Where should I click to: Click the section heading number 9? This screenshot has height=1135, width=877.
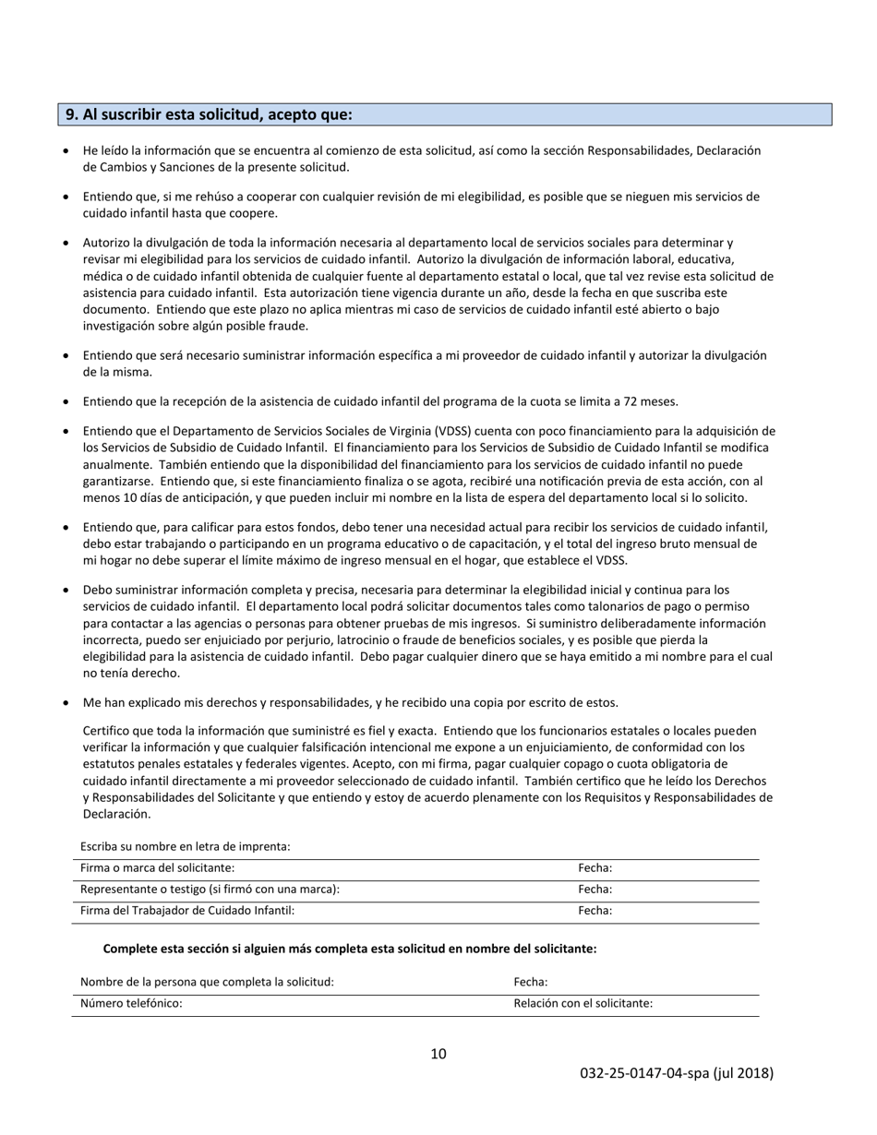(71, 115)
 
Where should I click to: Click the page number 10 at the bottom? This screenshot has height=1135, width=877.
(438, 1054)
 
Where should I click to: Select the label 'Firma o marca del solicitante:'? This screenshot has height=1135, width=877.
(157, 868)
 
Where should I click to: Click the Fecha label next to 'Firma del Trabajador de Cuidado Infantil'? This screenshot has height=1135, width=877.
(595, 911)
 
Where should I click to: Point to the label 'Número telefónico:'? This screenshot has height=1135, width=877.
(131, 1004)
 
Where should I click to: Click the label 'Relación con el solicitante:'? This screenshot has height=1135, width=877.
(583, 1004)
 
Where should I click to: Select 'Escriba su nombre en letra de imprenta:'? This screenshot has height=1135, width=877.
(185, 846)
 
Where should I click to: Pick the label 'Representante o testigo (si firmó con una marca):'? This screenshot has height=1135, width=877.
(210, 890)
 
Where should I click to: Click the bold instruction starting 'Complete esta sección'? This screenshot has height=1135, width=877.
(349, 949)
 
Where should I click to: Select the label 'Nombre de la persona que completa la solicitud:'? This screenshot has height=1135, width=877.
(207, 983)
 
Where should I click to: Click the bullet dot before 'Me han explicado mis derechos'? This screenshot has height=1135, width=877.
(66, 703)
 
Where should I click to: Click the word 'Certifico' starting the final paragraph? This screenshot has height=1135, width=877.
(108, 731)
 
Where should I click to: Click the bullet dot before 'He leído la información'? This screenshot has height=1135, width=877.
(66, 150)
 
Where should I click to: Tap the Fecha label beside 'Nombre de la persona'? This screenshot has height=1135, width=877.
(530, 983)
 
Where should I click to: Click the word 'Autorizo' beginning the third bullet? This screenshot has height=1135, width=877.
(107, 243)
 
